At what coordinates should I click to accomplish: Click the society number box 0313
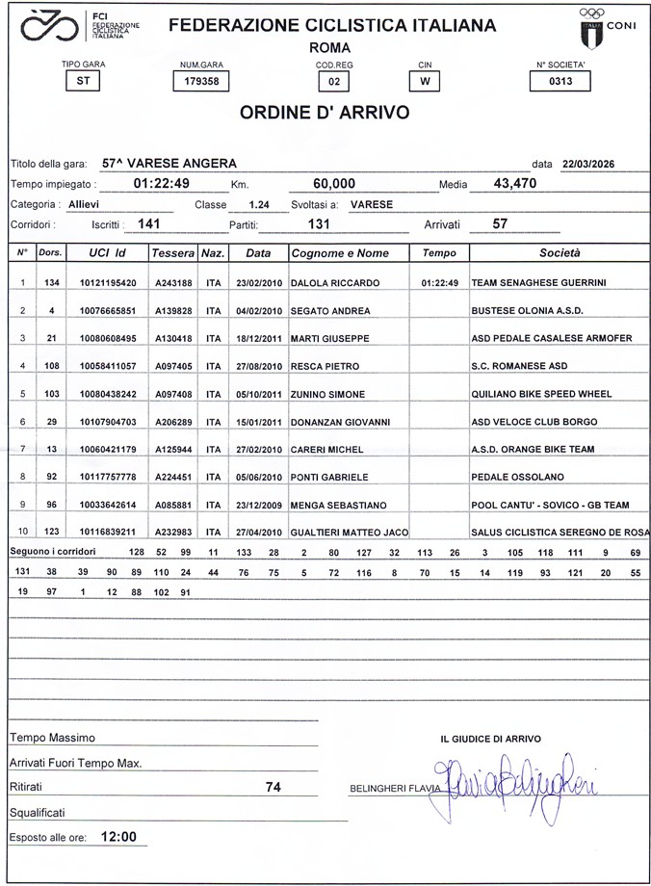[x=560, y=82]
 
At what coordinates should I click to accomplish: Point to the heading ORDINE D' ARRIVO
[x=325, y=113]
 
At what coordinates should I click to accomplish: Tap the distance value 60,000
[x=335, y=183]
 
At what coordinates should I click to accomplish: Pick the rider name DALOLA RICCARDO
[x=335, y=283]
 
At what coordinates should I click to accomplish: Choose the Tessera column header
[x=173, y=252]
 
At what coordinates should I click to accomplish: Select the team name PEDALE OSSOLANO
[x=517, y=477]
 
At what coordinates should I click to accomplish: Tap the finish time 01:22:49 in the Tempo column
[x=439, y=283]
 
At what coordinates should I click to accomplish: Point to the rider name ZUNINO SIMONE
[x=327, y=394]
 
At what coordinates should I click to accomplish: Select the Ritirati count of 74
[x=273, y=787]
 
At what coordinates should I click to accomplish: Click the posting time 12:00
[x=118, y=837]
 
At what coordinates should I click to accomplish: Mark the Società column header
[x=560, y=252]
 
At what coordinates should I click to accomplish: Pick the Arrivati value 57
[x=500, y=223]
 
